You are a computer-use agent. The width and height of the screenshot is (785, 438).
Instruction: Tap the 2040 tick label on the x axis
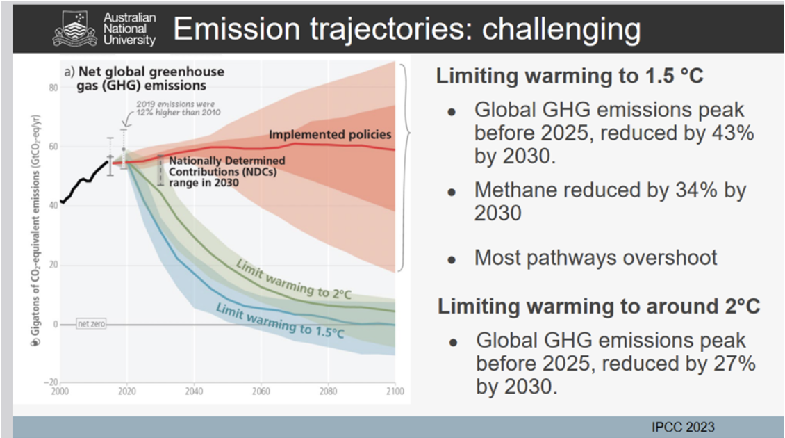coord(194,391)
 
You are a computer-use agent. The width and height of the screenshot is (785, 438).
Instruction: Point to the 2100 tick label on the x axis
coord(394,391)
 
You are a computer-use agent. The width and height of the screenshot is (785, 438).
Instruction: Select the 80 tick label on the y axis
coord(53,88)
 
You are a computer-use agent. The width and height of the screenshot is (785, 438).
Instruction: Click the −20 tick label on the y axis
coord(51,382)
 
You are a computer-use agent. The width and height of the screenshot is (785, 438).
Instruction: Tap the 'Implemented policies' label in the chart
coord(330,134)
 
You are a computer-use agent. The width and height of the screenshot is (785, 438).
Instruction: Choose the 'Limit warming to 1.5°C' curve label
coord(280,320)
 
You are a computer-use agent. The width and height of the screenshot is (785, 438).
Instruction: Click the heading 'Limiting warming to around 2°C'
coord(599,306)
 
